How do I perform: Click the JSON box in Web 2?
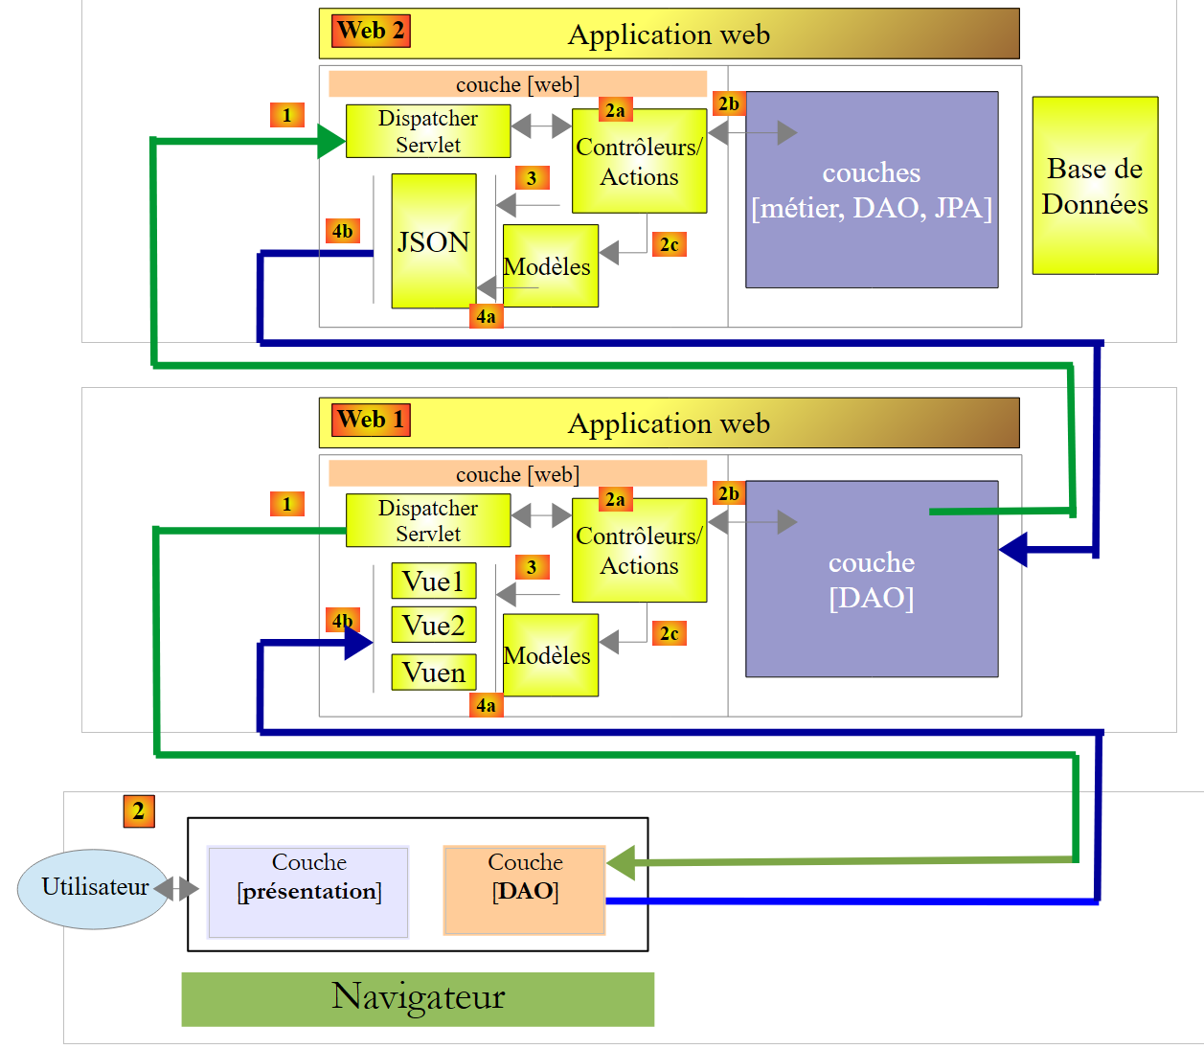(x=433, y=240)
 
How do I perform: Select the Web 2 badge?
(x=372, y=31)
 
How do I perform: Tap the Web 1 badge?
(x=372, y=420)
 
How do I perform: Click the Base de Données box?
(x=1095, y=186)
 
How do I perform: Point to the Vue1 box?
(x=433, y=582)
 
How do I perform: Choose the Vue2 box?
(x=433, y=626)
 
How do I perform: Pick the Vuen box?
(x=433, y=673)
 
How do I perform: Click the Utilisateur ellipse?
(x=93, y=888)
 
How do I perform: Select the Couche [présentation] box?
(x=308, y=891)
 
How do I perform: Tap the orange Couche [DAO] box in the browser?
(x=524, y=890)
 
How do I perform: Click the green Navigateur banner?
(x=418, y=998)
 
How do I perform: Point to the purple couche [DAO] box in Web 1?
(x=871, y=580)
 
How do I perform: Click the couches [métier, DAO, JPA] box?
(x=871, y=190)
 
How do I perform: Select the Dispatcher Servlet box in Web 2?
(x=427, y=131)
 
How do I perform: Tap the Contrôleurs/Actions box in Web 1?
(x=639, y=551)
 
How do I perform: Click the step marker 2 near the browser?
(x=139, y=811)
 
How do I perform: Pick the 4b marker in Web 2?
(x=342, y=231)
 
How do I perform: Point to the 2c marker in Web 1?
(x=669, y=633)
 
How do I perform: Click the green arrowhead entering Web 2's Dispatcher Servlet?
(x=331, y=142)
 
